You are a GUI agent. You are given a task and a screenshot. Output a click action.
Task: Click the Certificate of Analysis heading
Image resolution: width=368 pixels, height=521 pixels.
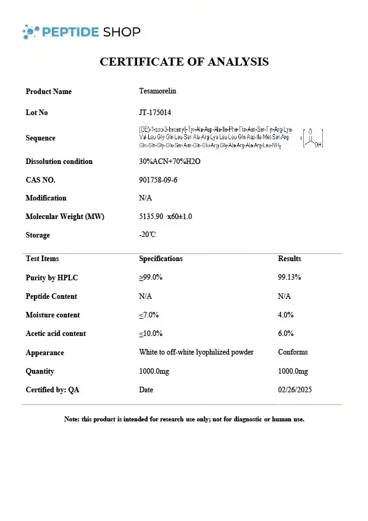point(184,62)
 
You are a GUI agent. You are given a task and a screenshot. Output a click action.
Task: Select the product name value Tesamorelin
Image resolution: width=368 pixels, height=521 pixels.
point(157,91)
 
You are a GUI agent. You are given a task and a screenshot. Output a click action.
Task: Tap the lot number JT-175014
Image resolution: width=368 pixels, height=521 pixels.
point(155,113)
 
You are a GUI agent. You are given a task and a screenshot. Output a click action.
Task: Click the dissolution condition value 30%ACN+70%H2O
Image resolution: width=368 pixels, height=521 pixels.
point(170,161)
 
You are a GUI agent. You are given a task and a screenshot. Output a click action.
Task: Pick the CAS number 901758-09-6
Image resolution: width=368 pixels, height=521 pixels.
point(158,180)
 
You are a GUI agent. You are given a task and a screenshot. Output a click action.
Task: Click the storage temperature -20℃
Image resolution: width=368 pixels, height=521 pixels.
point(147,235)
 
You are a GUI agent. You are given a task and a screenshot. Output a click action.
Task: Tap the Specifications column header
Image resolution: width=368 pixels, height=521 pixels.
point(161,259)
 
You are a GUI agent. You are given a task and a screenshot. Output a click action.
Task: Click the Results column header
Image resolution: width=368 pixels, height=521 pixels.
point(290,259)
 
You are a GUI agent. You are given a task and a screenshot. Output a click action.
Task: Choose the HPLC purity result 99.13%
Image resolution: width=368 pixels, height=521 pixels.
point(290,277)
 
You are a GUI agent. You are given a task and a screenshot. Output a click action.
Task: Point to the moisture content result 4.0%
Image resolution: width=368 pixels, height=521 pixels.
point(286,314)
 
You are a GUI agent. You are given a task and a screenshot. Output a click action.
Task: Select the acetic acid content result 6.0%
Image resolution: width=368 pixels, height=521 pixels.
point(286,333)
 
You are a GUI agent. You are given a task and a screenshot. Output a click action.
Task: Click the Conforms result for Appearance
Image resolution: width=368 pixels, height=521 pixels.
point(293,352)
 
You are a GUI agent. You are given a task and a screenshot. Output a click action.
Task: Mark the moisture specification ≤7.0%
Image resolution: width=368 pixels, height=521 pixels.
point(151,314)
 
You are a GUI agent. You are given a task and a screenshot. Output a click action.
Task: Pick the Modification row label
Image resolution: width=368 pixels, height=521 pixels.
point(46,198)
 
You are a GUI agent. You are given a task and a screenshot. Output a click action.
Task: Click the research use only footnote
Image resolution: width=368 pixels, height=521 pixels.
point(184,420)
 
